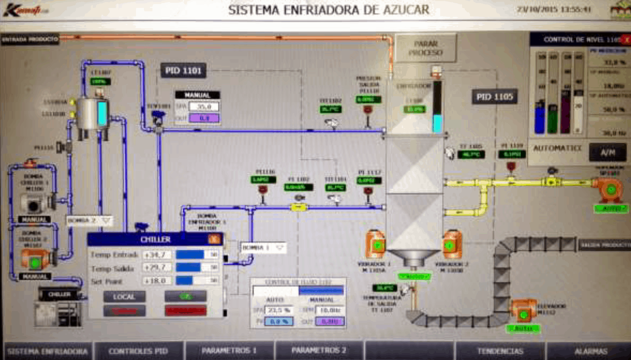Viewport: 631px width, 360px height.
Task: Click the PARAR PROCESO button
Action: tap(425, 48)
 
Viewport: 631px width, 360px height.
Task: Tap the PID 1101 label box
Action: tap(183, 71)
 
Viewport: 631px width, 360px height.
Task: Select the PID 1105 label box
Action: tap(494, 97)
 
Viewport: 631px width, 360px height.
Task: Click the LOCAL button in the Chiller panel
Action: tap(124, 297)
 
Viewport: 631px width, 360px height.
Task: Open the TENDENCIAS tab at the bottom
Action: tap(500, 351)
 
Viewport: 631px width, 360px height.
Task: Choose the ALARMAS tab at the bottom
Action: tap(591, 351)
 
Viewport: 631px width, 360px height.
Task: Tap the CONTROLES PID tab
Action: tap(138, 351)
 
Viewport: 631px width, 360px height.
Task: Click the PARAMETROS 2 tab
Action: tap(319, 350)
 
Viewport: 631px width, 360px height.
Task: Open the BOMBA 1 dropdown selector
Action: tap(263, 247)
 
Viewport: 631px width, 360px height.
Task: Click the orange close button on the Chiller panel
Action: tap(214, 239)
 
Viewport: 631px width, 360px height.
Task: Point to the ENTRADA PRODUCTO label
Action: tap(30, 39)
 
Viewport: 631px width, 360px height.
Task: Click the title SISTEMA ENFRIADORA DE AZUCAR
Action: tap(329, 10)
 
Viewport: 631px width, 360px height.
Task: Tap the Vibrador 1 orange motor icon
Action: tap(375, 244)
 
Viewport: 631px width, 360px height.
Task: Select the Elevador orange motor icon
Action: tap(523, 311)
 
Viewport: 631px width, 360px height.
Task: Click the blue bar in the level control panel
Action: tap(540, 118)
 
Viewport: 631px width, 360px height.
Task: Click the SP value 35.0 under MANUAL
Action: tap(204, 107)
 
